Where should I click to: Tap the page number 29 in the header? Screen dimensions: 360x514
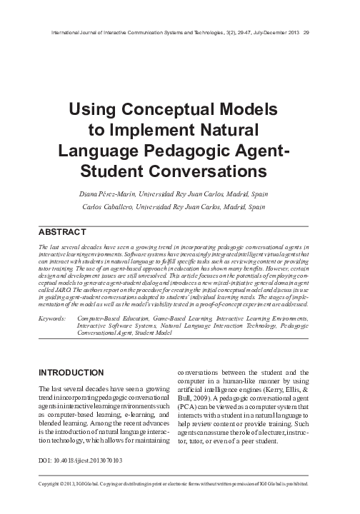click(306, 31)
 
